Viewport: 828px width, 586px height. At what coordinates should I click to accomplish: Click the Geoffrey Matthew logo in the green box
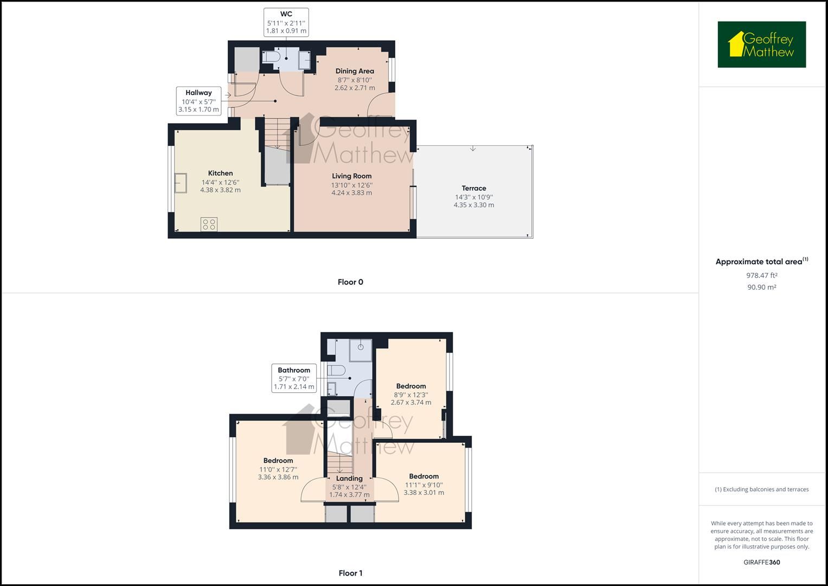point(761,44)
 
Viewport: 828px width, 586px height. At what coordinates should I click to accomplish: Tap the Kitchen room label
point(220,173)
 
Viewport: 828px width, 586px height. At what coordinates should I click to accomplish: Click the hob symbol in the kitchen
point(209,224)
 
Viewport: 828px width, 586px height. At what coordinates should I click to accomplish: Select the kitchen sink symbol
point(180,183)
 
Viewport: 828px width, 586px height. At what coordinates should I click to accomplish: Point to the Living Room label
point(351,176)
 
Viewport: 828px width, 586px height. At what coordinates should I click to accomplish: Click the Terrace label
point(474,188)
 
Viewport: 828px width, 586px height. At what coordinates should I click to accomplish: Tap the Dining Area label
point(355,71)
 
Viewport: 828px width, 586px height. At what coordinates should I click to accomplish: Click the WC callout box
point(286,22)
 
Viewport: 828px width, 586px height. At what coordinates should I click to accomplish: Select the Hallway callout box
point(198,101)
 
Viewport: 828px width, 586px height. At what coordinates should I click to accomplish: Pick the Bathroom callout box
point(294,378)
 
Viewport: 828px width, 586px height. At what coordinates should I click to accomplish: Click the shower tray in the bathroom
point(360,350)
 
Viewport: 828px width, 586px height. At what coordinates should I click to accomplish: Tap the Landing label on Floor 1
point(349,479)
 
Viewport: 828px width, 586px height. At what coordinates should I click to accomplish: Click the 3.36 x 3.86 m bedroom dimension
point(278,477)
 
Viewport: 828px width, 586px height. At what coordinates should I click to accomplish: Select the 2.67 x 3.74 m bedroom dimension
point(411,403)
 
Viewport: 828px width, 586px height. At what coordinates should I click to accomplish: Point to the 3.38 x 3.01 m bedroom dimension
point(424,493)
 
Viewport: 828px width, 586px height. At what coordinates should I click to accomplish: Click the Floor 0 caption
point(350,282)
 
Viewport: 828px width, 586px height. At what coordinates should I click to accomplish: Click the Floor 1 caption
point(350,573)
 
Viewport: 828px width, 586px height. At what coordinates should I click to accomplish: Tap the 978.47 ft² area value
point(761,275)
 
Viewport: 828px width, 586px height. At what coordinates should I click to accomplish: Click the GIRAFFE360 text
point(761,562)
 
